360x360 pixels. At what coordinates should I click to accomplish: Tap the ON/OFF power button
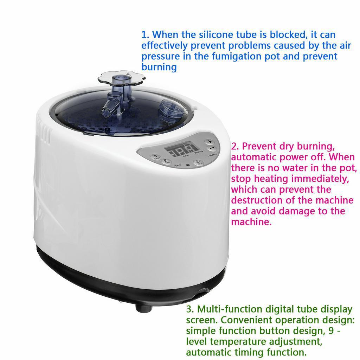(200, 162)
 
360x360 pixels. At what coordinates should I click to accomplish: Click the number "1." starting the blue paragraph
(146, 35)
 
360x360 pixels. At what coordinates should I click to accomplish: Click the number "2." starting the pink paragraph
(235, 146)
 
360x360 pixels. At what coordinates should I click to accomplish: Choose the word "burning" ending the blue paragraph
(159, 67)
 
